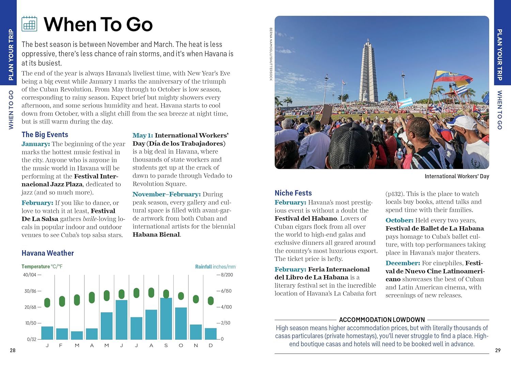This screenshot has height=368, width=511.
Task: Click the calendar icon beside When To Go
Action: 29,24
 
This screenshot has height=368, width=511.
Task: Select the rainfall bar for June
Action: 122,320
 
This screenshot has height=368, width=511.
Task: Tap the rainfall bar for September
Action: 166,319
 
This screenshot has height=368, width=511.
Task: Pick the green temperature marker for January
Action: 47,302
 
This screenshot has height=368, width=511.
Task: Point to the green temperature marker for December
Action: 211,301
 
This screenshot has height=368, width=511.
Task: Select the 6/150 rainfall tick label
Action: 226,291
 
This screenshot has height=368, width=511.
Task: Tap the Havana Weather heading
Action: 48,253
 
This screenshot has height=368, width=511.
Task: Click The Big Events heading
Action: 45,135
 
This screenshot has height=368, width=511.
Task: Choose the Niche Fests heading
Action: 293,193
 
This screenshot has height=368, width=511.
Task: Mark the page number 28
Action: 13,350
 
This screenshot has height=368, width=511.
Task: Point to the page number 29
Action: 498,350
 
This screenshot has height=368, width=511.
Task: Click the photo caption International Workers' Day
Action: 456,176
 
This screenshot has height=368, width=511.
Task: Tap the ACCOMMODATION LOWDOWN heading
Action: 382,320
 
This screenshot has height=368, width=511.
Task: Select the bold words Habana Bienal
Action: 156,235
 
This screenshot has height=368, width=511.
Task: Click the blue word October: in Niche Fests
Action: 399,220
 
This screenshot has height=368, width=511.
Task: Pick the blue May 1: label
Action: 142,135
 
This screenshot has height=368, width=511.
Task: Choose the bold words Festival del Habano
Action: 306,219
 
